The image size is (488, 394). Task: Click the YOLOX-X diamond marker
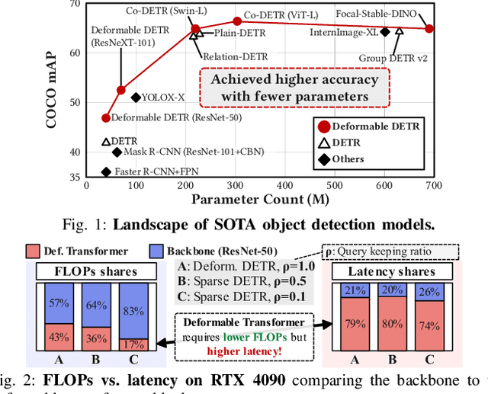[x=136, y=98]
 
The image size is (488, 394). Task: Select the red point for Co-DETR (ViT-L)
[x=237, y=22]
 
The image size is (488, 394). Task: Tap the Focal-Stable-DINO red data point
[x=429, y=29]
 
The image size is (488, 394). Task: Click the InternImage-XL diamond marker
[x=385, y=32]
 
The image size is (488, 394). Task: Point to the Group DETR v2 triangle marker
[x=399, y=32]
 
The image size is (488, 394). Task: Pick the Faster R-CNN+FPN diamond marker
[x=107, y=172]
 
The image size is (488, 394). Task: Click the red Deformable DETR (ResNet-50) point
[x=106, y=117]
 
